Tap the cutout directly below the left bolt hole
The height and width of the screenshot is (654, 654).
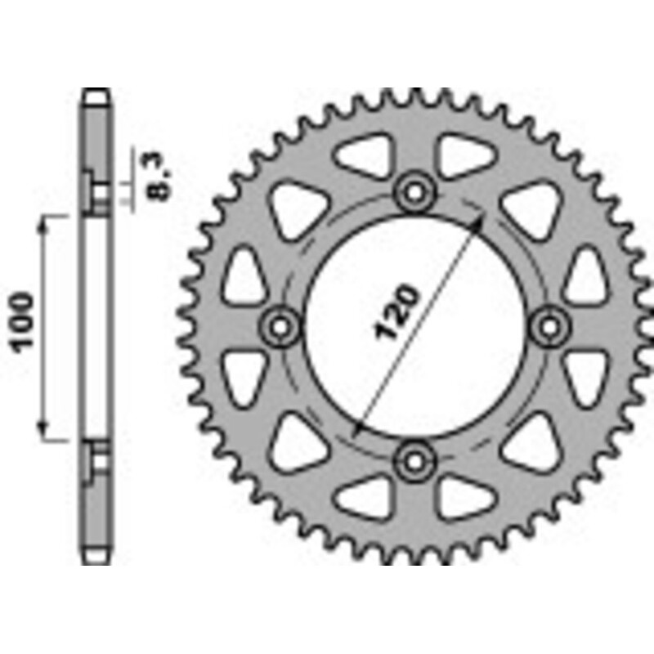coord(244,376)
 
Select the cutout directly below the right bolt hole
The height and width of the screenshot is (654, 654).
coord(585,376)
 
